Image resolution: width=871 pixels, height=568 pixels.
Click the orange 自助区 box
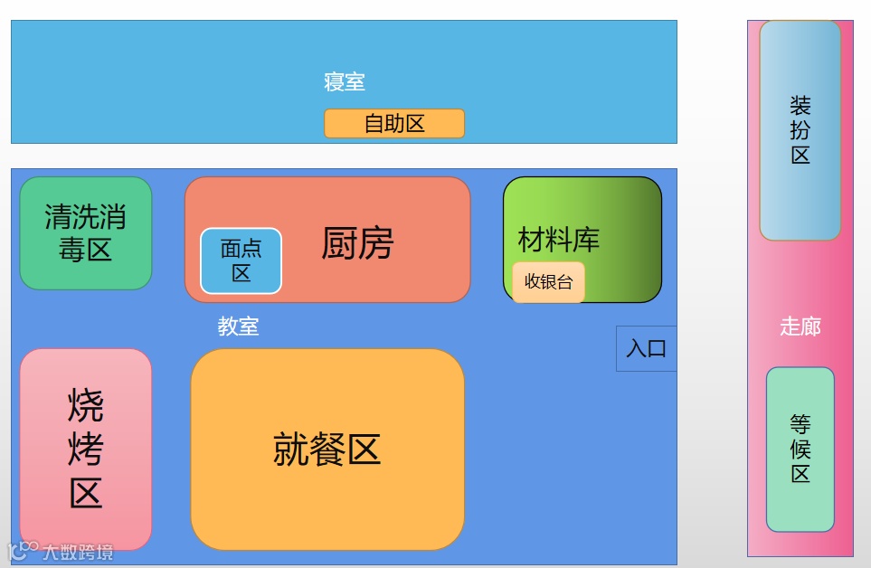click(x=394, y=124)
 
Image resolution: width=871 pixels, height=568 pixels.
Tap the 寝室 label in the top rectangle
click(x=345, y=82)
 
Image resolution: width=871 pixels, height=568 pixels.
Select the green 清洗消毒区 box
click(x=86, y=233)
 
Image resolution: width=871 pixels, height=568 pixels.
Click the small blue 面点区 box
click(x=241, y=260)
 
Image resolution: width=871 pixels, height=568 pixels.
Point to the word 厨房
click(x=357, y=243)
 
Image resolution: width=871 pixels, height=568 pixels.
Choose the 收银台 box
click(x=549, y=281)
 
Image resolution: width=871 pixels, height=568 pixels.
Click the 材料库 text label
click(x=559, y=241)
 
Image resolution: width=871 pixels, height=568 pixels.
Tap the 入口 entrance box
click(x=647, y=348)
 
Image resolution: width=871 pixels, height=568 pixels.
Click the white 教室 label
click(x=238, y=327)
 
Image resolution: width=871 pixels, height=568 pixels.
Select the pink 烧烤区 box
click(x=86, y=449)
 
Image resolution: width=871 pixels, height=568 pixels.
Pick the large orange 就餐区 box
click(x=327, y=449)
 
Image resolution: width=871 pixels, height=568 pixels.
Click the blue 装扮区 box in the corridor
click(x=800, y=130)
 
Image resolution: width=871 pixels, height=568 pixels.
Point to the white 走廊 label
click(x=800, y=327)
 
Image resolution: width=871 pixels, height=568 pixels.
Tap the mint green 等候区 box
click(x=800, y=449)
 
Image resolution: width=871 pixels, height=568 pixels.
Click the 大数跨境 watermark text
click(x=78, y=552)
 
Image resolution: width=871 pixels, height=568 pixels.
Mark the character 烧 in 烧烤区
click(x=86, y=405)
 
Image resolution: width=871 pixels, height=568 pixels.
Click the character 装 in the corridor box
click(x=800, y=106)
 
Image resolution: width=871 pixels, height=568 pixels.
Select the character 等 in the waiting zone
click(x=800, y=424)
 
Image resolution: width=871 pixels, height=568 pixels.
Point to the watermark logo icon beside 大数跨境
click(x=23, y=550)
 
